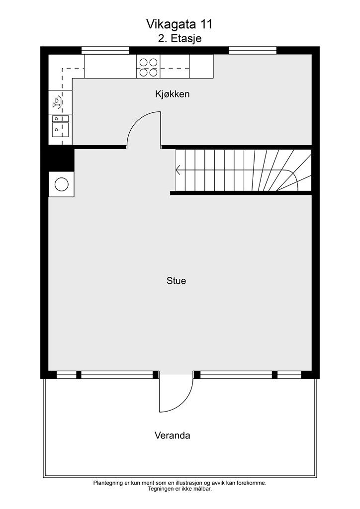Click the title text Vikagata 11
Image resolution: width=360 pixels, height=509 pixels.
[179, 24]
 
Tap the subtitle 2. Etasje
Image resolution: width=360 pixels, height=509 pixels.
[180, 38]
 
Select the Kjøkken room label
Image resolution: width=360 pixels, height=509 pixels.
[173, 94]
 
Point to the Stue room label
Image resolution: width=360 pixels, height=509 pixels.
[176, 280]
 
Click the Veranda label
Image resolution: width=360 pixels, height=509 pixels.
[173, 435]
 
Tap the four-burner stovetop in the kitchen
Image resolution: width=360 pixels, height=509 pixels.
[148, 67]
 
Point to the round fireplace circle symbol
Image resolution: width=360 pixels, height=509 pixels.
[62, 184]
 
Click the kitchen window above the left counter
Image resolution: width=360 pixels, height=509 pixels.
[105, 50]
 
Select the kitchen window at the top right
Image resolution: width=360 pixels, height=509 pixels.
[253, 50]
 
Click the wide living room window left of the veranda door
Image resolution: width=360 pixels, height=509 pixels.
[117, 375]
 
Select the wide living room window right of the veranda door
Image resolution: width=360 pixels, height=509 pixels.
[236, 375]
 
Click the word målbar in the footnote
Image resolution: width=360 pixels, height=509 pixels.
[203, 489]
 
